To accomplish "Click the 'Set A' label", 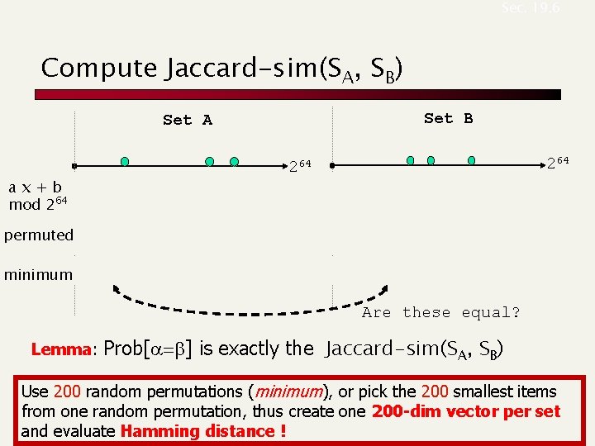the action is pyautogui.click(x=188, y=120).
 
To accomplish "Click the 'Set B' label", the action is pyautogui.click(x=448, y=118).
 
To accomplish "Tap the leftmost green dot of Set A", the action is pyautogui.click(x=124, y=160).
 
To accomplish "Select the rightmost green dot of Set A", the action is pyautogui.click(x=235, y=161).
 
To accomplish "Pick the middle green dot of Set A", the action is pyautogui.click(x=210, y=161).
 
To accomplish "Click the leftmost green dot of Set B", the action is pyautogui.click(x=411, y=159).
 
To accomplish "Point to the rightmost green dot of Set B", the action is pyautogui.click(x=471, y=159).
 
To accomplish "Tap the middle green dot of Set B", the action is pyautogui.click(x=431, y=159).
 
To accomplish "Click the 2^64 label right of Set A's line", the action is pyautogui.click(x=299, y=165).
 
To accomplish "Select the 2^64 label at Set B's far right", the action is pyautogui.click(x=557, y=161).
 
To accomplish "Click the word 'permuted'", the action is pyautogui.click(x=39, y=235).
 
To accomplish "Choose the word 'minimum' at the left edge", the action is pyautogui.click(x=39, y=274).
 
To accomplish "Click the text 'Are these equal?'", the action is pyautogui.click(x=440, y=312).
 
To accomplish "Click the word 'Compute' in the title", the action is pyautogui.click(x=99, y=68).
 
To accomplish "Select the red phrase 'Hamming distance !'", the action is pyautogui.click(x=202, y=431).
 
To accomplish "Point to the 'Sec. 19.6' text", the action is pyautogui.click(x=530, y=8).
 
